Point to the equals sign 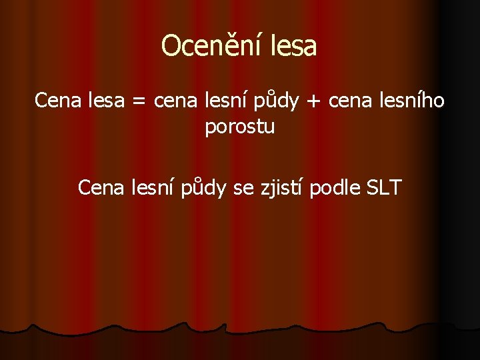click(137, 102)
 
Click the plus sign click(312, 102)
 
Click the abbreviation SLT click(384, 188)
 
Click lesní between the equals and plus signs click(226, 101)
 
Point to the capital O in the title click(171, 46)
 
